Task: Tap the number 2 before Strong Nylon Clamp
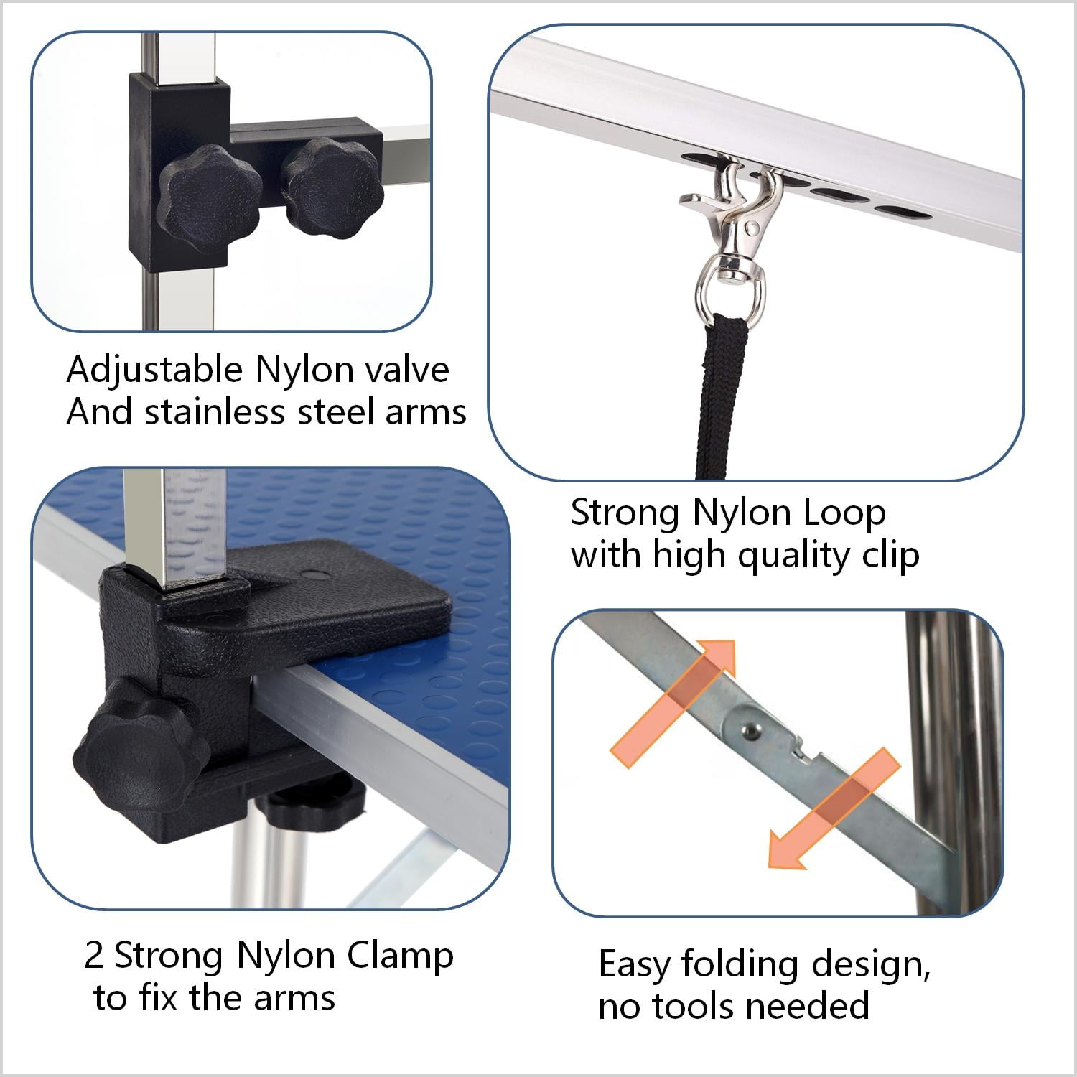pyautogui.click(x=94, y=956)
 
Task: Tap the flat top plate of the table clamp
pyautogui.click(x=337, y=603)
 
